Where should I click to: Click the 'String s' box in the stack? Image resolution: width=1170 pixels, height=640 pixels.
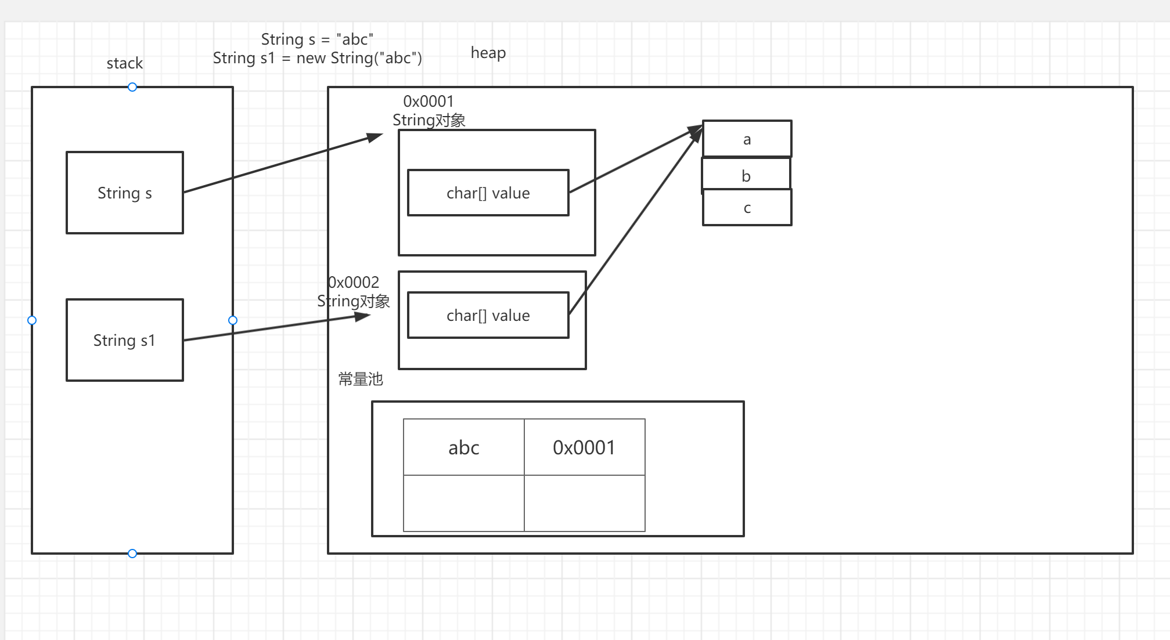[125, 193]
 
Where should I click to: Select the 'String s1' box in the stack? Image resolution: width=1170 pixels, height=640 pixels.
[125, 340]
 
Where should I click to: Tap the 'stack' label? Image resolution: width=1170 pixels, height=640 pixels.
[124, 63]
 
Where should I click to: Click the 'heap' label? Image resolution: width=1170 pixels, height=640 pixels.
[488, 53]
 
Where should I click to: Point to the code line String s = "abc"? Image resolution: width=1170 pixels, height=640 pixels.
[317, 39]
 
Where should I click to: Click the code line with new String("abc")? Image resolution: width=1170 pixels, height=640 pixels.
[317, 58]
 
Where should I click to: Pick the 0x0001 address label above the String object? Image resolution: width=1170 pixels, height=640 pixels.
[428, 102]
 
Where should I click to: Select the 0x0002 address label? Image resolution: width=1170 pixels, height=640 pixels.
[354, 283]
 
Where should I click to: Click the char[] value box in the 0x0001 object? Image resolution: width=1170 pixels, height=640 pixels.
[488, 193]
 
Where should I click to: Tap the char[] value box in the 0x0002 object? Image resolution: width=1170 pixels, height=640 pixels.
[488, 315]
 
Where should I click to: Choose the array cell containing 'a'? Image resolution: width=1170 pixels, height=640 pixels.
[747, 139]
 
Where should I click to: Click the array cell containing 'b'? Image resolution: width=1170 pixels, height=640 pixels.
[746, 175]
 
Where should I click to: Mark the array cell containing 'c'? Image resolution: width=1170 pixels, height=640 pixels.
[747, 208]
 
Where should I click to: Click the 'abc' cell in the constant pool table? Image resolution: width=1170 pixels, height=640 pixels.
[463, 447]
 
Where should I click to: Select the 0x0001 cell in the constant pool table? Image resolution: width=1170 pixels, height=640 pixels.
[584, 447]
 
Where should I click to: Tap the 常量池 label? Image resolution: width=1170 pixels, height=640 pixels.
[361, 379]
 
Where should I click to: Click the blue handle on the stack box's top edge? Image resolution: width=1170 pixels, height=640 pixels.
[132, 87]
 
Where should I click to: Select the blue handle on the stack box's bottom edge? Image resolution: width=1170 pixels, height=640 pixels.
[132, 554]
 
